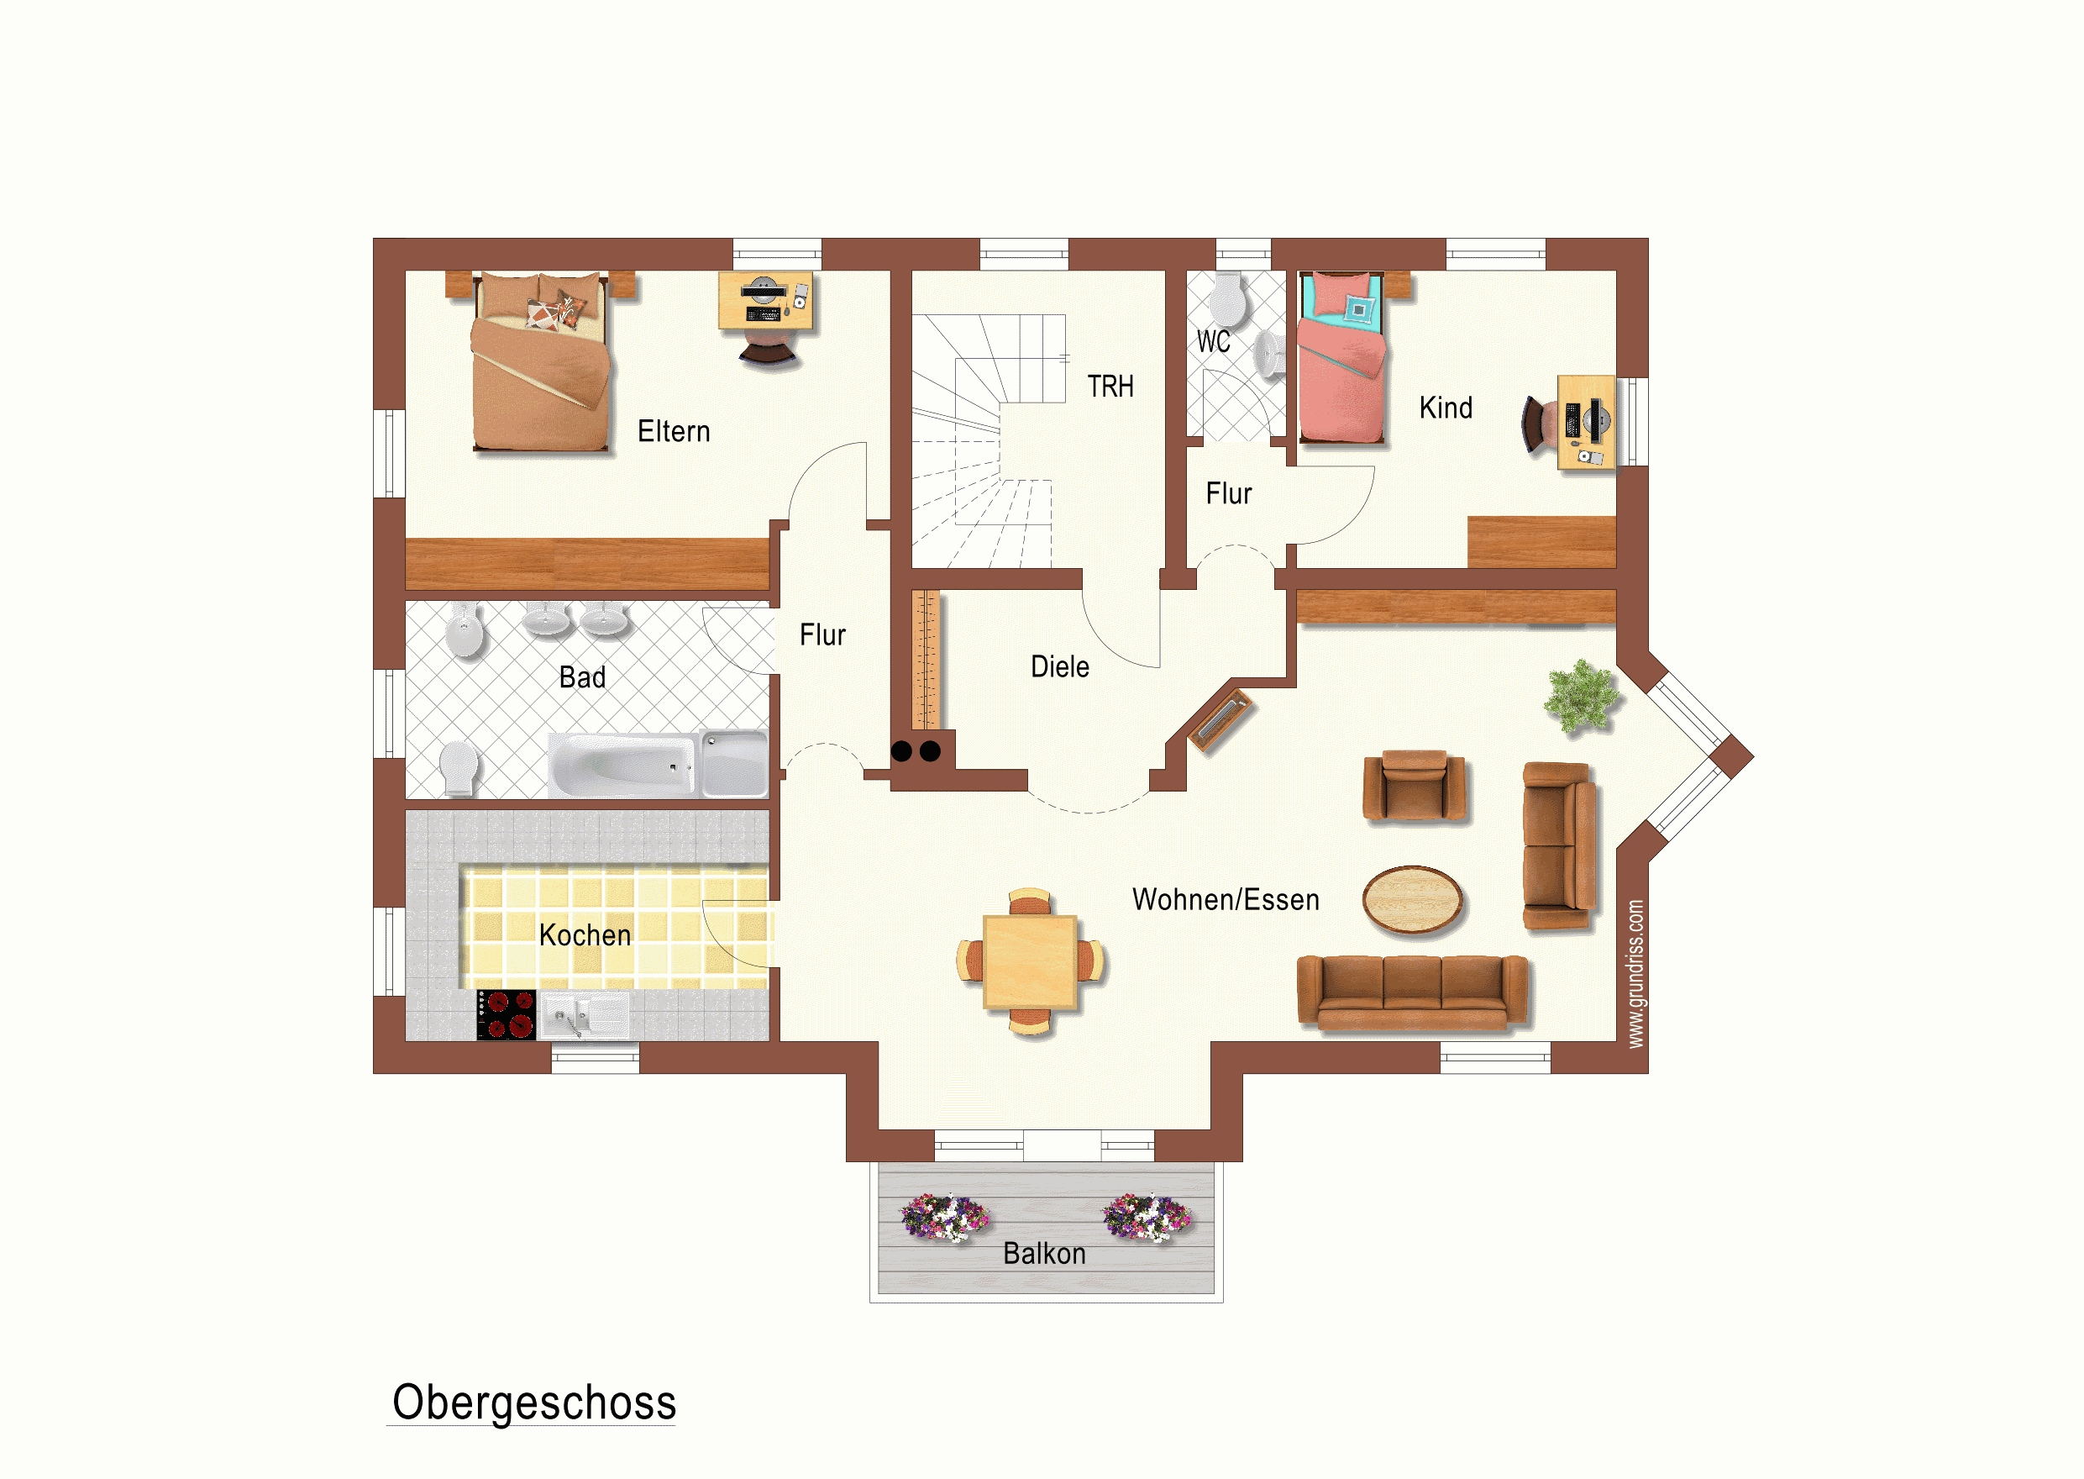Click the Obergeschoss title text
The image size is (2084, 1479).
tap(534, 1403)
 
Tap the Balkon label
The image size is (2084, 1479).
tap(1044, 1254)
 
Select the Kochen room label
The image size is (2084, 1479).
tap(585, 935)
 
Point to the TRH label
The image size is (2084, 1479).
tap(1110, 387)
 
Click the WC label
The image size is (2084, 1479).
tap(1213, 341)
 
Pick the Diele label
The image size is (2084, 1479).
tap(1060, 666)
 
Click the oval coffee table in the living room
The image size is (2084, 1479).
tap(1412, 900)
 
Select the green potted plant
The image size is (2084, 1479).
tap(1583, 697)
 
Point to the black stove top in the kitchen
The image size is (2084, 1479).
tap(507, 1014)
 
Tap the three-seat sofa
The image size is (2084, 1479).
tap(1412, 992)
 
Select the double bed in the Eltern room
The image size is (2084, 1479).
tap(541, 361)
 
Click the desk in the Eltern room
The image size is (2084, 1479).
tap(764, 301)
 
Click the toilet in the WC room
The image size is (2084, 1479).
tap(1227, 297)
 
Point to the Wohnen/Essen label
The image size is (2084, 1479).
tap(1226, 900)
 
